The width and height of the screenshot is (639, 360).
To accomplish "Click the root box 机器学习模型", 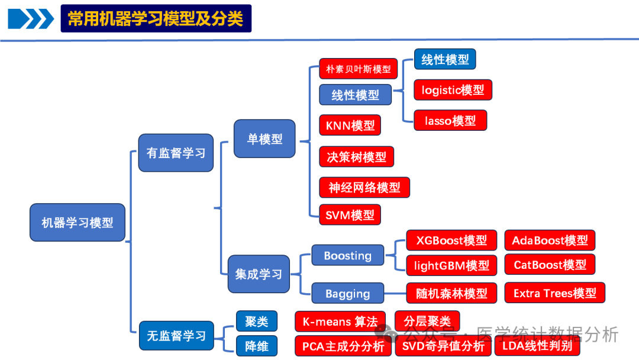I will (78, 223).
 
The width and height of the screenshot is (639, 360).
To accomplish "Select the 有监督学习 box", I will (176, 153).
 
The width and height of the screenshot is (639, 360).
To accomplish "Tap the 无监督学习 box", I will (176, 336).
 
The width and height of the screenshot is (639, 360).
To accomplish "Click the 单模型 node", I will (264, 139).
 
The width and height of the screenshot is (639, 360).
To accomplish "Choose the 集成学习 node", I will (259, 274).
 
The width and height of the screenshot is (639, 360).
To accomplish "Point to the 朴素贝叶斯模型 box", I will (358, 69).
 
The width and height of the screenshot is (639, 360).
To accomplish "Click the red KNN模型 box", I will (350, 126).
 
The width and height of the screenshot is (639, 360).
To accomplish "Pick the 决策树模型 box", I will (356, 157).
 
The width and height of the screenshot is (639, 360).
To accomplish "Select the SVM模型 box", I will (350, 215).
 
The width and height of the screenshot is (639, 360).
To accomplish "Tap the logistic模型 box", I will (453, 90).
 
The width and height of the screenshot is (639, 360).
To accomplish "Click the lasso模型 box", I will (450, 120).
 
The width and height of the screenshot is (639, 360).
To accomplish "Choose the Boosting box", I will (348, 256).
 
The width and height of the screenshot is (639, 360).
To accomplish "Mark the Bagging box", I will (348, 293).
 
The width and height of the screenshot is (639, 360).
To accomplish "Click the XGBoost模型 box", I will (451, 240).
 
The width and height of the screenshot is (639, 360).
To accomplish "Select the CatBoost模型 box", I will (550, 265).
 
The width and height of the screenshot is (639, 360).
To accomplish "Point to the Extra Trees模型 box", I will (554, 293).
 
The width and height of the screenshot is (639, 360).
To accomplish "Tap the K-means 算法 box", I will (340, 322).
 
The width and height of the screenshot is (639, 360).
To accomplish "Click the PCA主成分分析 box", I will (343, 346).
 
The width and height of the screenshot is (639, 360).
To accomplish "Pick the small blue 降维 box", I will (257, 346).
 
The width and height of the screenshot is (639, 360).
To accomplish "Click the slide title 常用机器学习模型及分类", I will (156, 18).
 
